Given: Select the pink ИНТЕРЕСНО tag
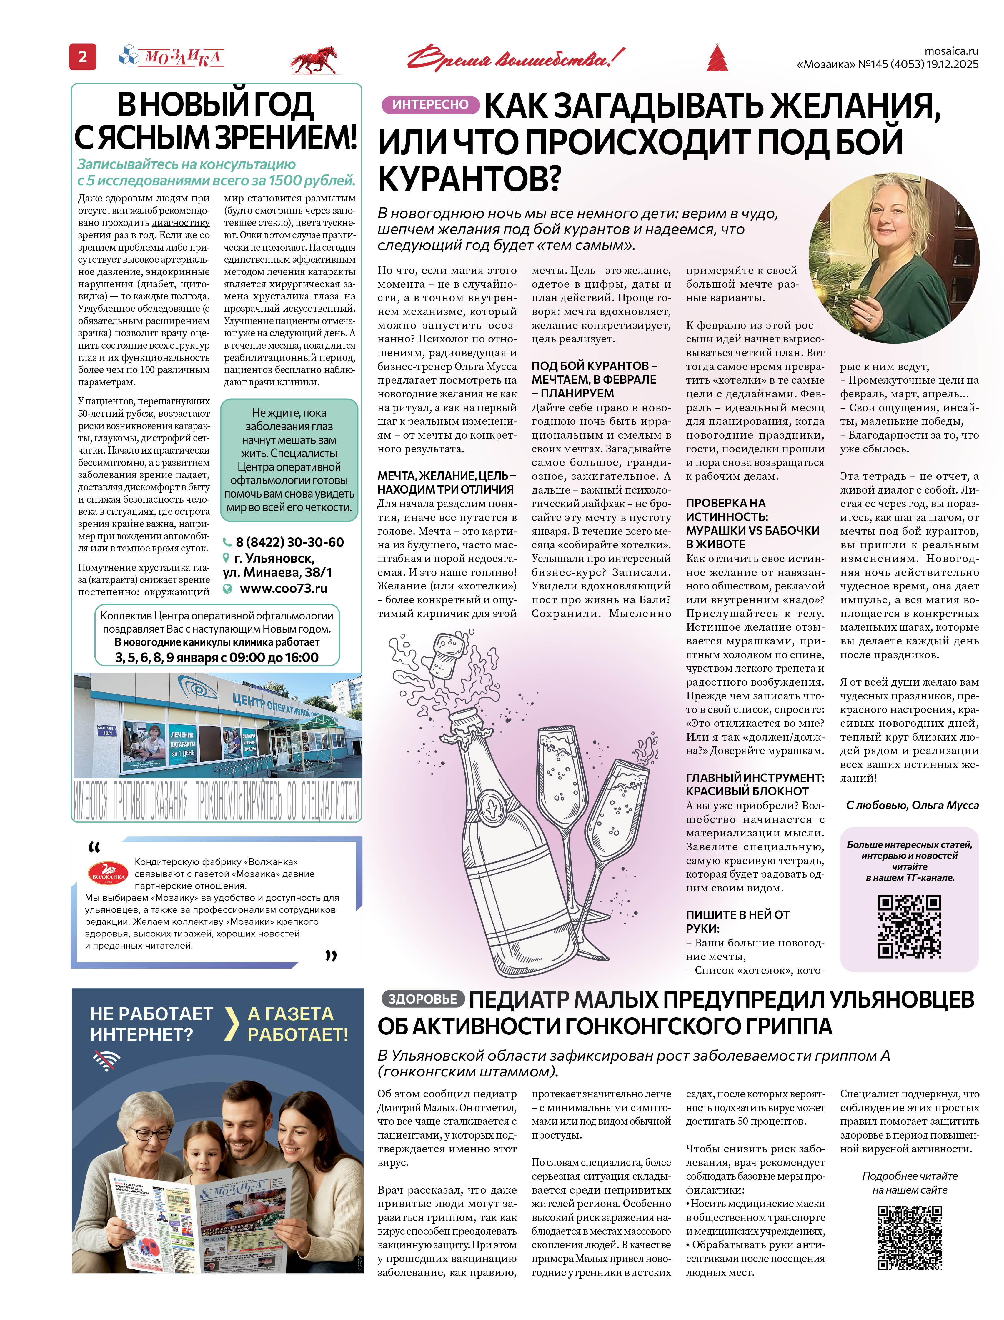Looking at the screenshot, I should pyautogui.click(x=430, y=105).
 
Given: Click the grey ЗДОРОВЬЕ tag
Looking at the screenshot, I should pyautogui.click(x=422, y=999).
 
